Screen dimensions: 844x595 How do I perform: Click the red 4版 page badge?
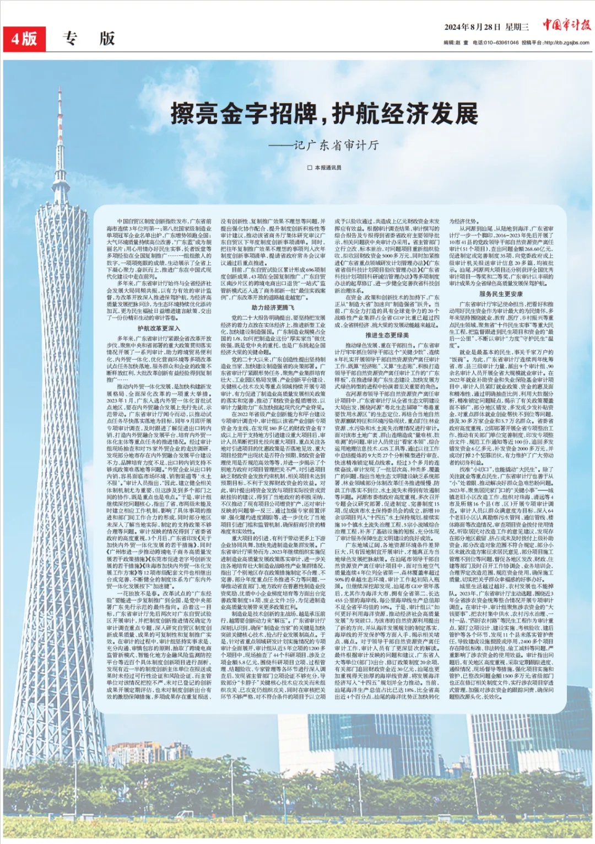24,38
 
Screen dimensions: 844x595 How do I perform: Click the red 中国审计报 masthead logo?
566,25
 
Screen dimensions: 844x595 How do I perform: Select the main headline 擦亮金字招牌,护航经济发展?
324,114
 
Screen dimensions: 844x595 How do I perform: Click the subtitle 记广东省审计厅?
336,145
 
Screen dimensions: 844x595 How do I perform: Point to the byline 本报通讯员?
328,168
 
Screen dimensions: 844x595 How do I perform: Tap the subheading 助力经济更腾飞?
273,307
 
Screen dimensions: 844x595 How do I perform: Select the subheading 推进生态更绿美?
387,335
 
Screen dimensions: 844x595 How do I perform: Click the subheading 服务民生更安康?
501,294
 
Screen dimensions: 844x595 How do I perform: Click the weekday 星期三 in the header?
517,27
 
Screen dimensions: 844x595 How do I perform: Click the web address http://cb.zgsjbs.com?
566,42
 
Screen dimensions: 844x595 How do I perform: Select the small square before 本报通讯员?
310,168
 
